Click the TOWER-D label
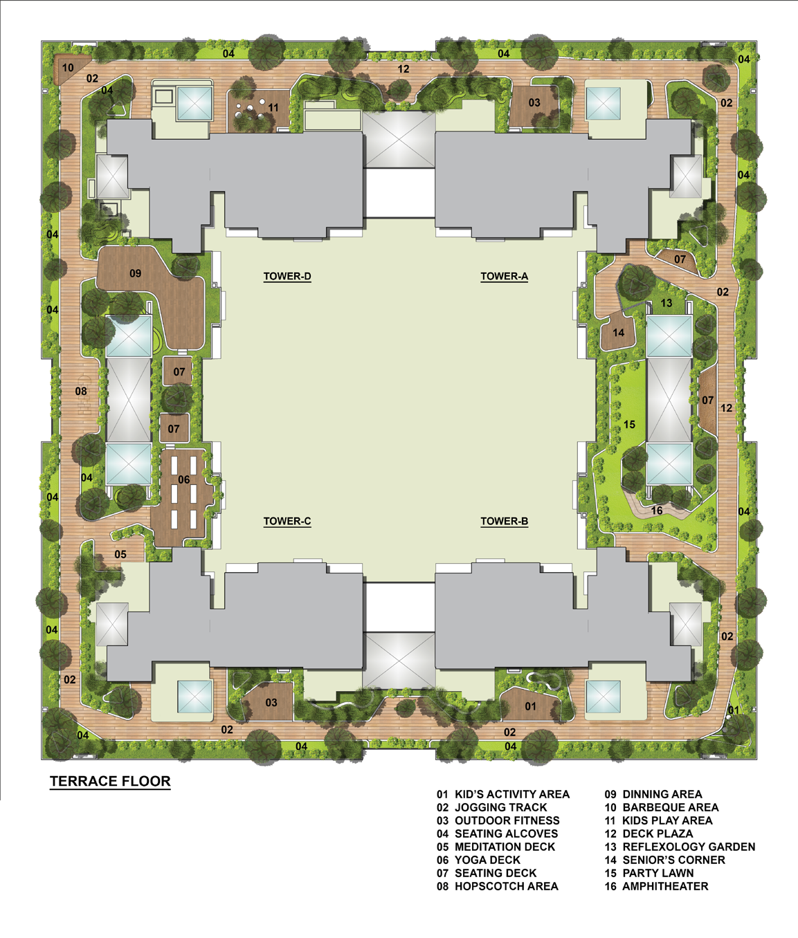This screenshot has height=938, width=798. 287,277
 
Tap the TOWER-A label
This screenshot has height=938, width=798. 505,277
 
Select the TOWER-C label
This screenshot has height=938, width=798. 287,521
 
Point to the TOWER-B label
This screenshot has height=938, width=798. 505,521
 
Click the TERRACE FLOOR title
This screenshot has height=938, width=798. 110,781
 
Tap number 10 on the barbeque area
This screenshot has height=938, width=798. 68,68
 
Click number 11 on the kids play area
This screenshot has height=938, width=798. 273,107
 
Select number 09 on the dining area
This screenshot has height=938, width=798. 135,273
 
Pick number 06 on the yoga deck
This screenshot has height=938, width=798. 184,479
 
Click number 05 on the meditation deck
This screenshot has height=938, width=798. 120,554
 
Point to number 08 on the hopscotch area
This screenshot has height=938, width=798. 81,391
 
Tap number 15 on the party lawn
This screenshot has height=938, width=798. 629,424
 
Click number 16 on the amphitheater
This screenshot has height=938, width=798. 657,511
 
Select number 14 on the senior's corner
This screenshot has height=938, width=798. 618,333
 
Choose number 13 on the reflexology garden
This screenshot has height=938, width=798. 666,303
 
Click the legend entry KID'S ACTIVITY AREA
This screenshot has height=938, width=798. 503,794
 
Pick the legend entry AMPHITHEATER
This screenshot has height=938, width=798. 656,886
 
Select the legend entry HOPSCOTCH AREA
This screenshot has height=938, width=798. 498,886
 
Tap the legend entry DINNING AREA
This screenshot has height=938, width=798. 653,794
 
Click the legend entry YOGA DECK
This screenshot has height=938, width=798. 478,860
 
